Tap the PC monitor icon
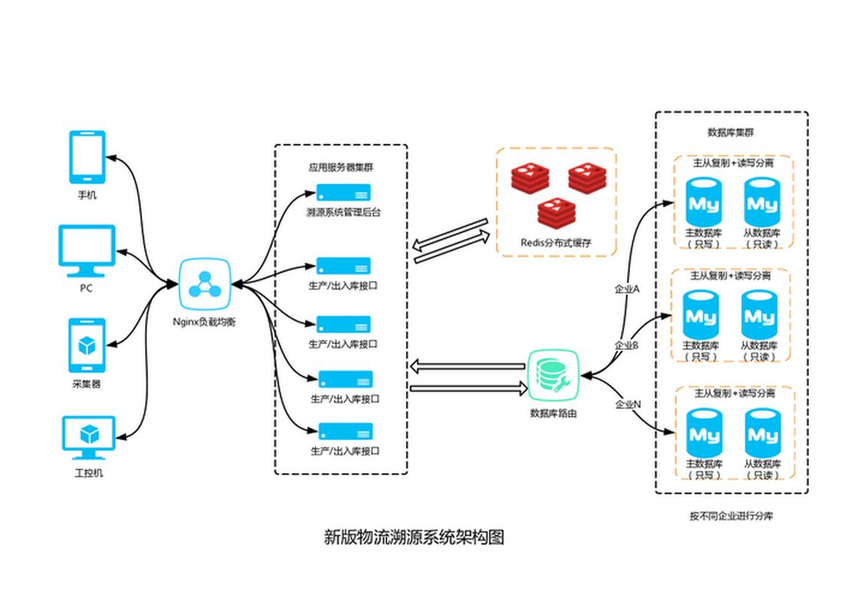click(86, 251)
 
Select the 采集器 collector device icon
click(86, 346)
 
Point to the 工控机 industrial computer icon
click(87, 437)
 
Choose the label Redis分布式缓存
click(556, 242)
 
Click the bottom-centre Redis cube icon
click(557, 212)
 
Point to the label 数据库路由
click(554, 412)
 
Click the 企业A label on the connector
click(627, 288)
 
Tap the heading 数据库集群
click(731, 132)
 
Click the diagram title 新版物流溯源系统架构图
click(414, 537)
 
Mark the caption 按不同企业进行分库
click(731, 516)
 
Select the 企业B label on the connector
click(627, 346)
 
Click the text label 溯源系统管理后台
click(343, 213)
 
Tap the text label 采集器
click(86, 384)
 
